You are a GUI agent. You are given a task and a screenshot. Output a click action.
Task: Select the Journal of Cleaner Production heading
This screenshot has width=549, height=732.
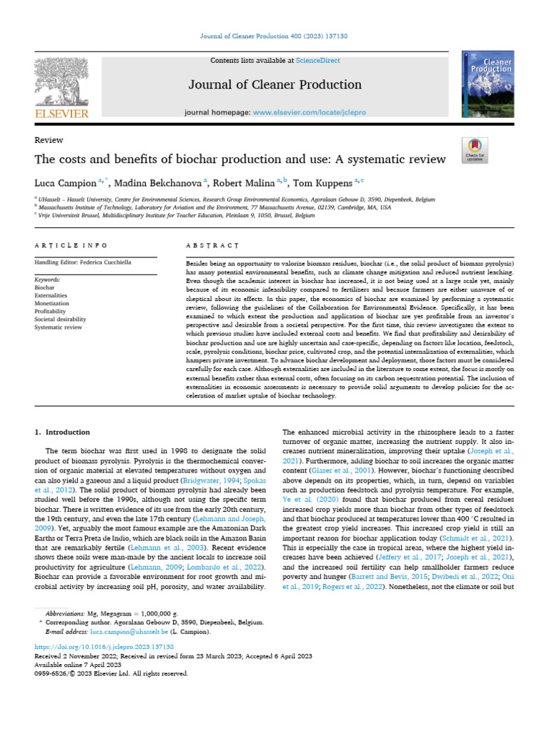[274, 85]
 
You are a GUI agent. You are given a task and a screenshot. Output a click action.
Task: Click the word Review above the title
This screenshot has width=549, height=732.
[49, 140]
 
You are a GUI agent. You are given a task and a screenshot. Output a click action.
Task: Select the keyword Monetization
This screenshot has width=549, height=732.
[52, 303]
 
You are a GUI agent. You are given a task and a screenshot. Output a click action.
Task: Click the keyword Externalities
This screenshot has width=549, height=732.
[52, 295]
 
